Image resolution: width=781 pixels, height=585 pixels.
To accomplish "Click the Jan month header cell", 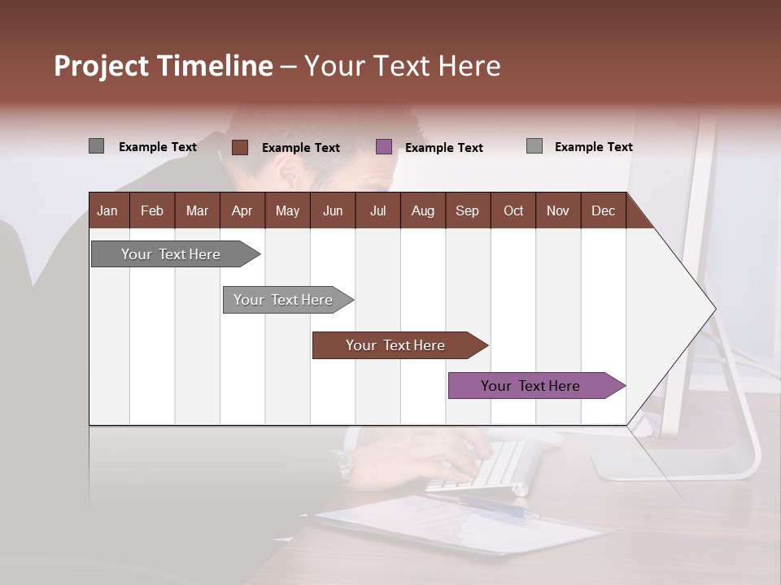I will point(107,211).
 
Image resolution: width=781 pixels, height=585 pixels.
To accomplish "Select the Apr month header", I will point(242,211).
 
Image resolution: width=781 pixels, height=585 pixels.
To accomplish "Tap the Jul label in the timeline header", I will point(377,211).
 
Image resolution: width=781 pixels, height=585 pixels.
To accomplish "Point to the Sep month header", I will point(467,211).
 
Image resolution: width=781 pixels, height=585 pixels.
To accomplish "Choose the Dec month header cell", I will point(603,211).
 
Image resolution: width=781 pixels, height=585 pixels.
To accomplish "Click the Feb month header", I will point(152,211).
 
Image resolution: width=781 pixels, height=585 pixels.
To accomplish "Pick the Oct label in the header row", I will point(513,211).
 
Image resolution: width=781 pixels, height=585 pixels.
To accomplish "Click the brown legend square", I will point(240,147).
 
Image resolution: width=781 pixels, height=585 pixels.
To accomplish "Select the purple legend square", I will point(384,147).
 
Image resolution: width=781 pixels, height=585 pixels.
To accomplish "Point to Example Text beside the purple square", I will point(443,148).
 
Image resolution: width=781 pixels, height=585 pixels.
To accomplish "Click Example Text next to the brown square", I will point(300,148).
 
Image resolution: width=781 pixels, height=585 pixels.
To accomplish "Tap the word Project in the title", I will point(102,66).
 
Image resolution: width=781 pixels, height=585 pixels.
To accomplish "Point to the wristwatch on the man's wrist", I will point(343,465).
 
